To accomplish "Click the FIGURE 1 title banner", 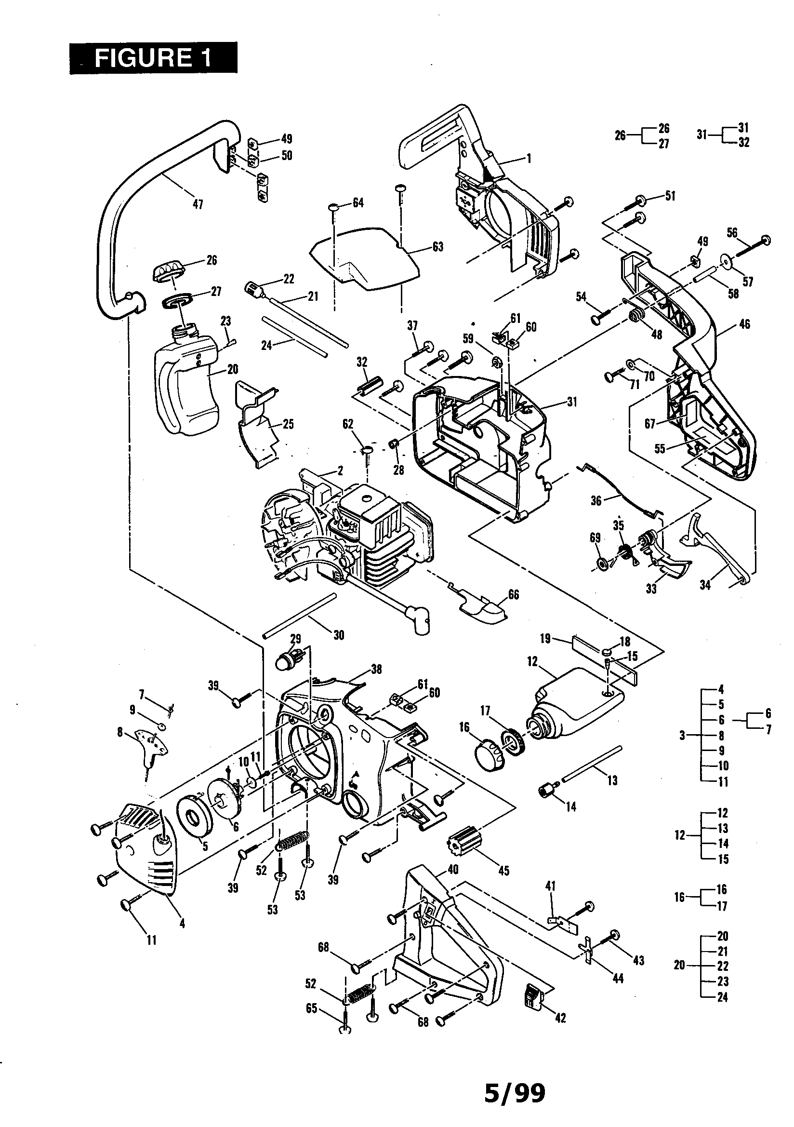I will point(153,58).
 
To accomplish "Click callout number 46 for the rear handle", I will point(744,324).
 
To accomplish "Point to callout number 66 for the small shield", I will point(513,595).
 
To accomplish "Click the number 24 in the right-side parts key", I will point(722,997).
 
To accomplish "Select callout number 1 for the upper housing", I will point(529,159).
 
